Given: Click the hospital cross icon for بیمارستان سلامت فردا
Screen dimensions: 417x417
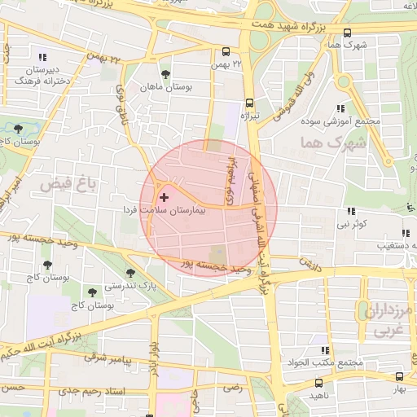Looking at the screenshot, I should tap(165, 197).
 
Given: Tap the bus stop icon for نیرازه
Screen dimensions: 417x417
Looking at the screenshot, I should tap(249, 103).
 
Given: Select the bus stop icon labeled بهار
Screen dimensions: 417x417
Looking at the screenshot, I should tap(399, 376).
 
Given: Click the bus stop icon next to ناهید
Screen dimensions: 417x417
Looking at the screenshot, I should tap(318, 382).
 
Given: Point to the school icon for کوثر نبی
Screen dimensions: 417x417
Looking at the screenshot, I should tap(351, 211).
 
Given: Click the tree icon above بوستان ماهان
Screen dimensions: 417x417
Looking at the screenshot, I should tap(166, 74).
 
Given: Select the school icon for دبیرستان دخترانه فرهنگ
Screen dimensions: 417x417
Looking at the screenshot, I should tap(42, 57).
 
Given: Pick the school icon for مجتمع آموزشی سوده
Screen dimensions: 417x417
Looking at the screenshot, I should tap(340, 108).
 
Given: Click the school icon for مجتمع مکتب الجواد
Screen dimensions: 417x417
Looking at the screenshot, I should tap(325, 350).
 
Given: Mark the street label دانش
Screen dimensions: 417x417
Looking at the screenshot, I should tap(305, 263).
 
